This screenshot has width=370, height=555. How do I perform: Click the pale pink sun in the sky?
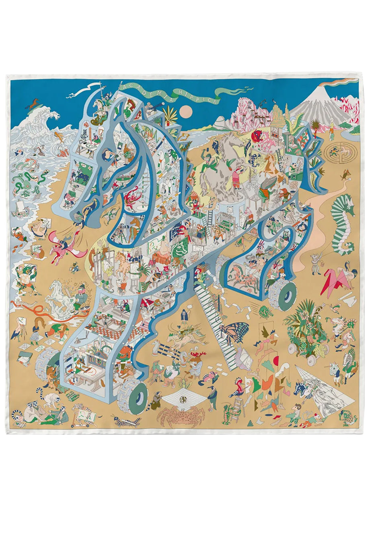(x=186, y=111)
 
